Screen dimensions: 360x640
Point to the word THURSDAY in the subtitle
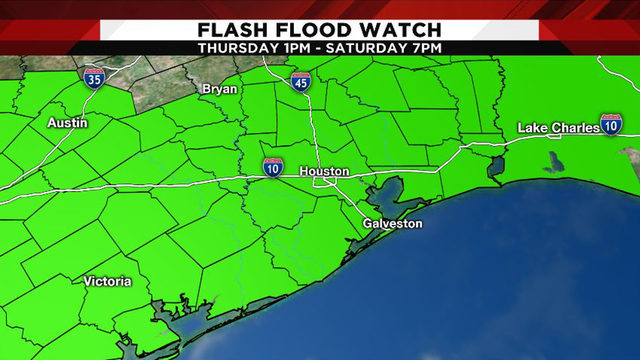pyautogui.click(x=240, y=47)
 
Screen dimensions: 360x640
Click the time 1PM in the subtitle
pyautogui.click(x=301, y=47)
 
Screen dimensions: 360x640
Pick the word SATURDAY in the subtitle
pyautogui.click(x=369, y=47)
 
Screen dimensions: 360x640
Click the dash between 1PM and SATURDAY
pyautogui.click(x=325, y=47)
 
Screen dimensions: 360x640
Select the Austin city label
pyautogui.click(x=68, y=122)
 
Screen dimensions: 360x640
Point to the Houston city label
pyautogui.click(x=324, y=172)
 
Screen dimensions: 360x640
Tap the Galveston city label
pyautogui.click(x=392, y=223)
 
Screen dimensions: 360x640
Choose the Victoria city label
pyautogui.click(x=107, y=281)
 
